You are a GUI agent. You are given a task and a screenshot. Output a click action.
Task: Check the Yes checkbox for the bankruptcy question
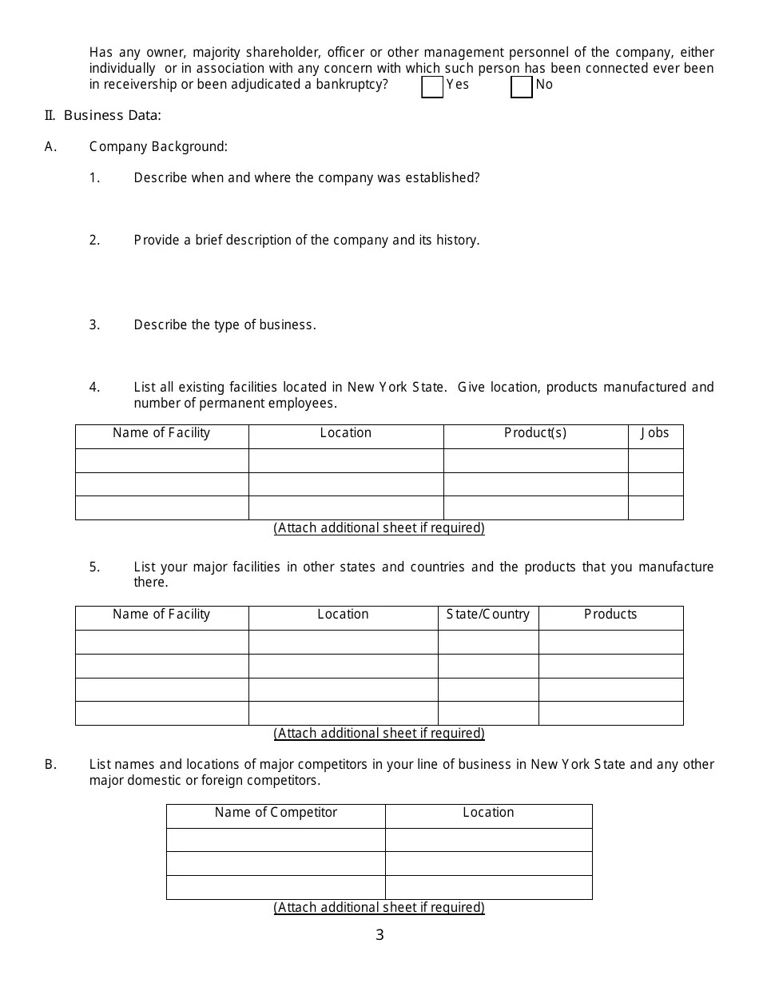tap(432, 87)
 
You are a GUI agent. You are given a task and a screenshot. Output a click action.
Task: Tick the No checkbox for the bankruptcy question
tap(521, 87)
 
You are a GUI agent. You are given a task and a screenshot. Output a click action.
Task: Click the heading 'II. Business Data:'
tap(103, 116)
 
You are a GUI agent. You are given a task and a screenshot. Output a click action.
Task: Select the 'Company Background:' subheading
tap(158, 147)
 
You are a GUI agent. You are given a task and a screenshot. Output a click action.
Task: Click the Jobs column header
tap(655, 433)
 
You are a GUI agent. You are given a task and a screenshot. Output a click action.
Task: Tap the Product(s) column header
tap(535, 433)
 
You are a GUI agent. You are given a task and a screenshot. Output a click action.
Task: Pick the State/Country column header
tap(488, 615)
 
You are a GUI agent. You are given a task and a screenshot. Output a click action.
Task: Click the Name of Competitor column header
tap(276, 813)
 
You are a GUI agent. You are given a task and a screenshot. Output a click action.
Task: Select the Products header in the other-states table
tap(610, 615)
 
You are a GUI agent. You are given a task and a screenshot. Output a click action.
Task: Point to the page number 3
tap(379, 935)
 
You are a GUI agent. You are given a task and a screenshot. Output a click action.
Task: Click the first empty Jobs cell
tap(655, 461)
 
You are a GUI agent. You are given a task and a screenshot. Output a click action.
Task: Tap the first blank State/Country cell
tap(488, 643)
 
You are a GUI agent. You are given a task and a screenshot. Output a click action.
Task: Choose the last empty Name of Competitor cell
tap(276, 888)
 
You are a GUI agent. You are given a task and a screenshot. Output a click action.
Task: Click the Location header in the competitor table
tap(488, 813)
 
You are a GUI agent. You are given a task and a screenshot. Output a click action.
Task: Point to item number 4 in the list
tap(94, 388)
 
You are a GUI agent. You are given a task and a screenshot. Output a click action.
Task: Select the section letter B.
tap(50, 765)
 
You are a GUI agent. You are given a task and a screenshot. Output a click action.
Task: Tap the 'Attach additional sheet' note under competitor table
tap(379, 908)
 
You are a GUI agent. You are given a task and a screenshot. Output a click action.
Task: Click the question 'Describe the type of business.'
tap(225, 325)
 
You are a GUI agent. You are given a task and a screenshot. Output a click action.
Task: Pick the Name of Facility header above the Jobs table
tap(161, 433)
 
